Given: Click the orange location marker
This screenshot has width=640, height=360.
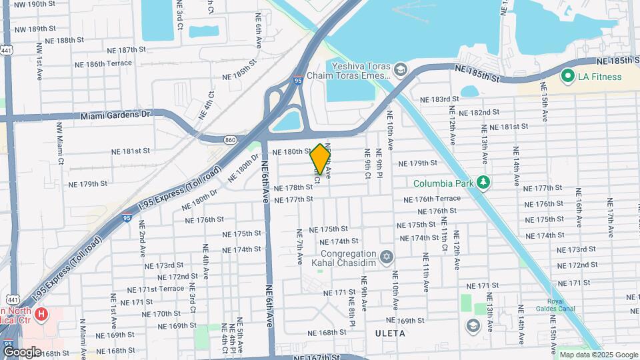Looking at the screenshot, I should (x=320, y=159).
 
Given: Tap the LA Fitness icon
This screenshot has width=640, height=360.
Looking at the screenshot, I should (x=568, y=77).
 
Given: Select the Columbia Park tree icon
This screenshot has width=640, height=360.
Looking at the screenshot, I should (x=483, y=182).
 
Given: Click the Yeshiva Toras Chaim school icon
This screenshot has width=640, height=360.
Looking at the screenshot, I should (x=399, y=69).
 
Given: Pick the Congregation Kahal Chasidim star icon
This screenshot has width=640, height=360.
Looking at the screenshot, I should (x=386, y=257).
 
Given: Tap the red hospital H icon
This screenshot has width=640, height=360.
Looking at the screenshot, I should (x=42, y=313).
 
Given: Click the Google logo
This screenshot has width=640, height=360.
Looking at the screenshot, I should (x=21, y=351).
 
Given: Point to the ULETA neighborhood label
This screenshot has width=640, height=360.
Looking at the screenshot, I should (x=390, y=332).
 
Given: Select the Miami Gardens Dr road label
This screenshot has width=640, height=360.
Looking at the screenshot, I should (x=116, y=115).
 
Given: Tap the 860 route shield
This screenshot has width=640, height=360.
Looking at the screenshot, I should (x=230, y=139).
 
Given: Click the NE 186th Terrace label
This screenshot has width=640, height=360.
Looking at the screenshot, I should (x=103, y=64).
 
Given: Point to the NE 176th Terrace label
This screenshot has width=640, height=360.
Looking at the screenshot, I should (x=432, y=199).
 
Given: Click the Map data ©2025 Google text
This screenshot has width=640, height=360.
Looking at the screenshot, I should (x=598, y=355).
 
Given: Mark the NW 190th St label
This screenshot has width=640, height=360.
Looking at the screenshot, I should (x=34, y=4).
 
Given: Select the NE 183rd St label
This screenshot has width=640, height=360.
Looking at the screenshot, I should (x=445, y=99).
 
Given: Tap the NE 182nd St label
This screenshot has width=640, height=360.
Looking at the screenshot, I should (x=479, y=113).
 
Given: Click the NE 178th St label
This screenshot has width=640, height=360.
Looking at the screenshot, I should (x=293, y=188).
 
